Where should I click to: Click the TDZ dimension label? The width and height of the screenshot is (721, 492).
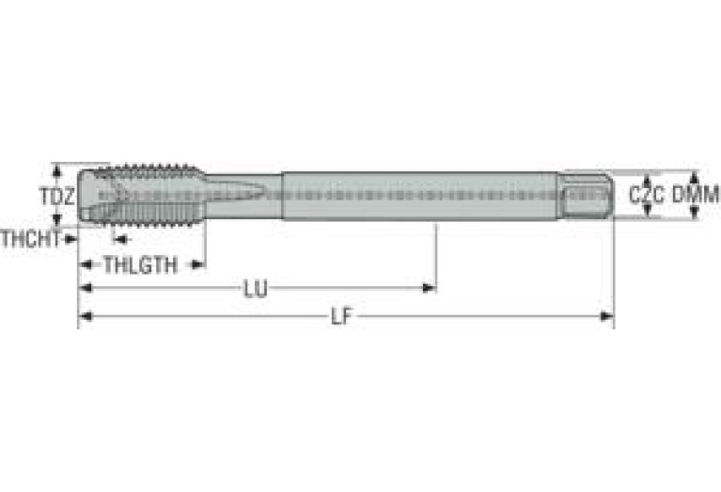click(56, 197)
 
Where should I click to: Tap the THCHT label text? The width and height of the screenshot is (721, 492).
click(30, 239)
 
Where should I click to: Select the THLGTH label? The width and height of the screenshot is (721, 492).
click(140, 265)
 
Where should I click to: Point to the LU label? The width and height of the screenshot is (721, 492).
click(255, 289)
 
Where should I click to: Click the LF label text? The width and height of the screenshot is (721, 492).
click(341, 317)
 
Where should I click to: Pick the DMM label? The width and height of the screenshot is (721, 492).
click(696, 195)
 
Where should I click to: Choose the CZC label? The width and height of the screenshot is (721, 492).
click(647, 195)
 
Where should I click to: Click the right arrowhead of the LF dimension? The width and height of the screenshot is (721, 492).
click(607, 316)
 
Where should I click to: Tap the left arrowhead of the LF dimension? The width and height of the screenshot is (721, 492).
click(86, 316)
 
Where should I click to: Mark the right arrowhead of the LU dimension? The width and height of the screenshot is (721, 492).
click(429, 288)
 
